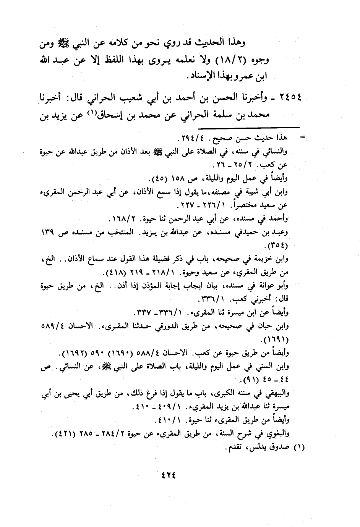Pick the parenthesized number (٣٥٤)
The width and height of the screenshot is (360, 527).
tap(280, 244)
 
